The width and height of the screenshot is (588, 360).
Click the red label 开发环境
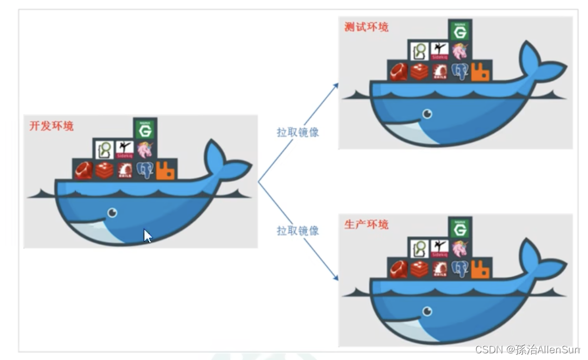click(x=51, y=126)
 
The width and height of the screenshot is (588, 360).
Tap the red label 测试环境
click(x=366, y=27)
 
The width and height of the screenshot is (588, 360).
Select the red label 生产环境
click(x=366, y=224)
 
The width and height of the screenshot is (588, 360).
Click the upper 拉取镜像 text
click(x=298, y=132)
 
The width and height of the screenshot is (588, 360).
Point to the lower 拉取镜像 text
click(x=298, y=230)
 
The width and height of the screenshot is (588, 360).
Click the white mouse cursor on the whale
click(x=147, y=236)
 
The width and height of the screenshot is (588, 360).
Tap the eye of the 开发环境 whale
click(x=112, y=212)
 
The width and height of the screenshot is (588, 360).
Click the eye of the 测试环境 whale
click(x=427, y=113)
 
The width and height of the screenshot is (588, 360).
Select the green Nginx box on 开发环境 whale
click(x=145, y=129)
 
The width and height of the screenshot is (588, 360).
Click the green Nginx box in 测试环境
click(x=460, y=31)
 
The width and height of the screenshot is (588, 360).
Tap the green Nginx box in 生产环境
click(x=460, y=228)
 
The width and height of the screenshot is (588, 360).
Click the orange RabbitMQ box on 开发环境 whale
click(x=166, y=169)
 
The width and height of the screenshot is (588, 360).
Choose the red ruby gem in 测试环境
click(x=398, y=72)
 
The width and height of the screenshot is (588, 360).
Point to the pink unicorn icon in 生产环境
click(x=460, y=248)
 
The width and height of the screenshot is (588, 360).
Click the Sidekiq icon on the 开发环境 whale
click(x=124, y=149)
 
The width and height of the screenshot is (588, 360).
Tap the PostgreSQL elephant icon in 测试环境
click(x=459, y=72)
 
